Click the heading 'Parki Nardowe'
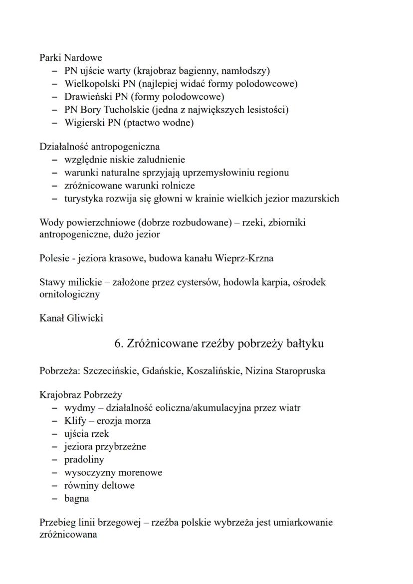[70, 58]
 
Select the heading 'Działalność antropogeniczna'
[99, 147]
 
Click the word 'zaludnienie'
[160, 160]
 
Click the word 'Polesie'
[54, 258]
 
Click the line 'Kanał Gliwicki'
[71, 318]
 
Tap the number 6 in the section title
[118, 344]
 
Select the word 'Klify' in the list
[75, 421]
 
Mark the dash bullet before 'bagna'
[54, 499]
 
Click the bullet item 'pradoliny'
[84, 460]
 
